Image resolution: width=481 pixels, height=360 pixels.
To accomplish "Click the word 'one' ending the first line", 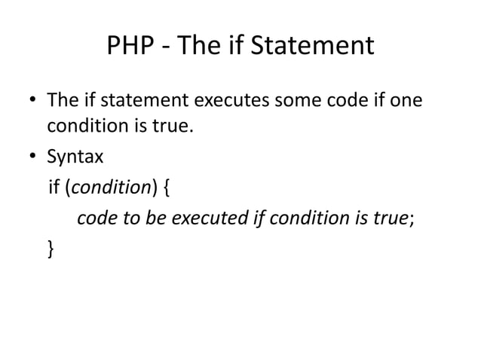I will pos(403,100).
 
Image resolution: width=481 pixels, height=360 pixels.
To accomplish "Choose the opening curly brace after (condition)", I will pos(167,188).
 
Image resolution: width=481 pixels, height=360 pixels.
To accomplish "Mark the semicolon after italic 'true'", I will pos(412,218).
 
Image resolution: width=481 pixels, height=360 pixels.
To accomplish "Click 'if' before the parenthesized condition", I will pos(54,188).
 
